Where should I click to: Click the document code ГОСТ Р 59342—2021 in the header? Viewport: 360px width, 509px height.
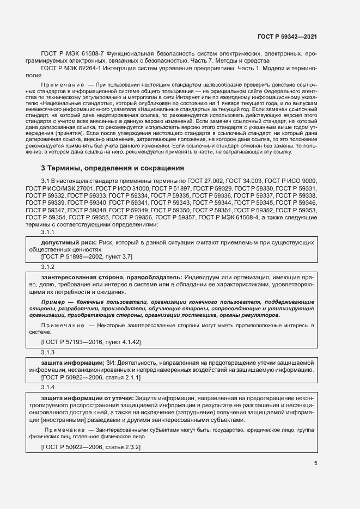pyautogui.click(x=286, y=36)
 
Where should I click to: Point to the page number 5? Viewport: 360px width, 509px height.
pyautogui.click(x=316, y=463)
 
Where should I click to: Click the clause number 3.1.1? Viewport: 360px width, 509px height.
pyautogui.click(x=48, y=232)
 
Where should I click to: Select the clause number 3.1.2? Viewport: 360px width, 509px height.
pyautogui.click(x=48, y=267)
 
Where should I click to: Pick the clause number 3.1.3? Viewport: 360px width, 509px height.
pyautogui.click(x=48, y=353)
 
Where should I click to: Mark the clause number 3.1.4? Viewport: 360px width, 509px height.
pyautogui.click(x=48, y=387)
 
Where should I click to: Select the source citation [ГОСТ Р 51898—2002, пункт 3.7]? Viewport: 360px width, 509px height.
pyautogui.click(x=87, y=256)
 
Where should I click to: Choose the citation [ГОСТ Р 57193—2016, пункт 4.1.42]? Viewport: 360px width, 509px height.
pyautogui.click(x=91, y=342)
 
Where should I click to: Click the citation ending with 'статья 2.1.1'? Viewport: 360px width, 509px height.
pyautogui.click(x=91, y=377)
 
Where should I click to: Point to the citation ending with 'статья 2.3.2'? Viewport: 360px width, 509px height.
pyautogui.click(x=91, y=447)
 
